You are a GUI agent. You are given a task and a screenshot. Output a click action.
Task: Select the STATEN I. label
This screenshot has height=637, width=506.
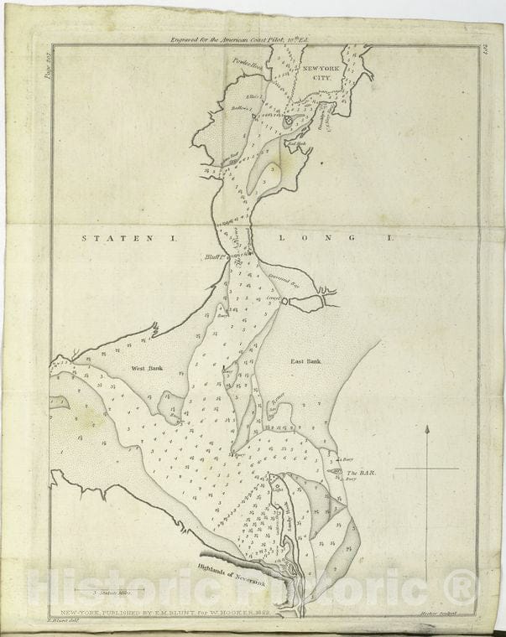(129, 239)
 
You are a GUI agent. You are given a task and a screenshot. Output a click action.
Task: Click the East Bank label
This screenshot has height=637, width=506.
(308, 362)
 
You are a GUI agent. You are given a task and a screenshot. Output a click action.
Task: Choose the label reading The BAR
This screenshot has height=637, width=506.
(360, 474)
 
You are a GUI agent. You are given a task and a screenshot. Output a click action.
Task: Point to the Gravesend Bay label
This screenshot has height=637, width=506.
(281, 282)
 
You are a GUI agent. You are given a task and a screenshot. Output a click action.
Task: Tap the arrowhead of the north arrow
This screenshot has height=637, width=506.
(428, 430)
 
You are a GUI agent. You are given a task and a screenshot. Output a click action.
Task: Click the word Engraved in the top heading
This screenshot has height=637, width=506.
(190, 39)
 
